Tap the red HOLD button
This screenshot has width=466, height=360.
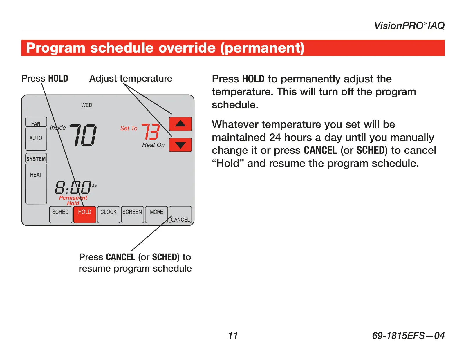(x=84, y=215)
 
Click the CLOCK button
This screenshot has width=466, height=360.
(x=109, y=215)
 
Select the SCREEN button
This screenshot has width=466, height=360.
(x=132, y=215)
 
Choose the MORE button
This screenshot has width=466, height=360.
(x=156, y=215)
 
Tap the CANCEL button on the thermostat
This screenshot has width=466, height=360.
(x=180, y=215)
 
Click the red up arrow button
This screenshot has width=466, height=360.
(x=180, y=124)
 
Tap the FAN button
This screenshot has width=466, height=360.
(x=36, y=122)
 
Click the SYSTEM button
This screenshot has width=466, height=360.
(x=36, y=158)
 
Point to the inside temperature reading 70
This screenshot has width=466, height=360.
(x=83, y=135)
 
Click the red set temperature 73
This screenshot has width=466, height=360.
(x=151, y=131)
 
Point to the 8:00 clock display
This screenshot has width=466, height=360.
(x=73, y=187)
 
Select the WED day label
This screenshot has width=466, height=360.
(x=87, y=105)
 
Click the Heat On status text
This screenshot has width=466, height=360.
(x=153, y=145)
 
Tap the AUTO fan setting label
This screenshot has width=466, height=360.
(x=36, y=138)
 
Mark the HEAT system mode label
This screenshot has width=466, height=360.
(x=36, y=175)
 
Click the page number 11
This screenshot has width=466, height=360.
(x=233, y=336)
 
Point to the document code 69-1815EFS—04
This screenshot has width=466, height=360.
(x=408, y=336)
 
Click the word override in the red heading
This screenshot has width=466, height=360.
(x=187, y=48)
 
